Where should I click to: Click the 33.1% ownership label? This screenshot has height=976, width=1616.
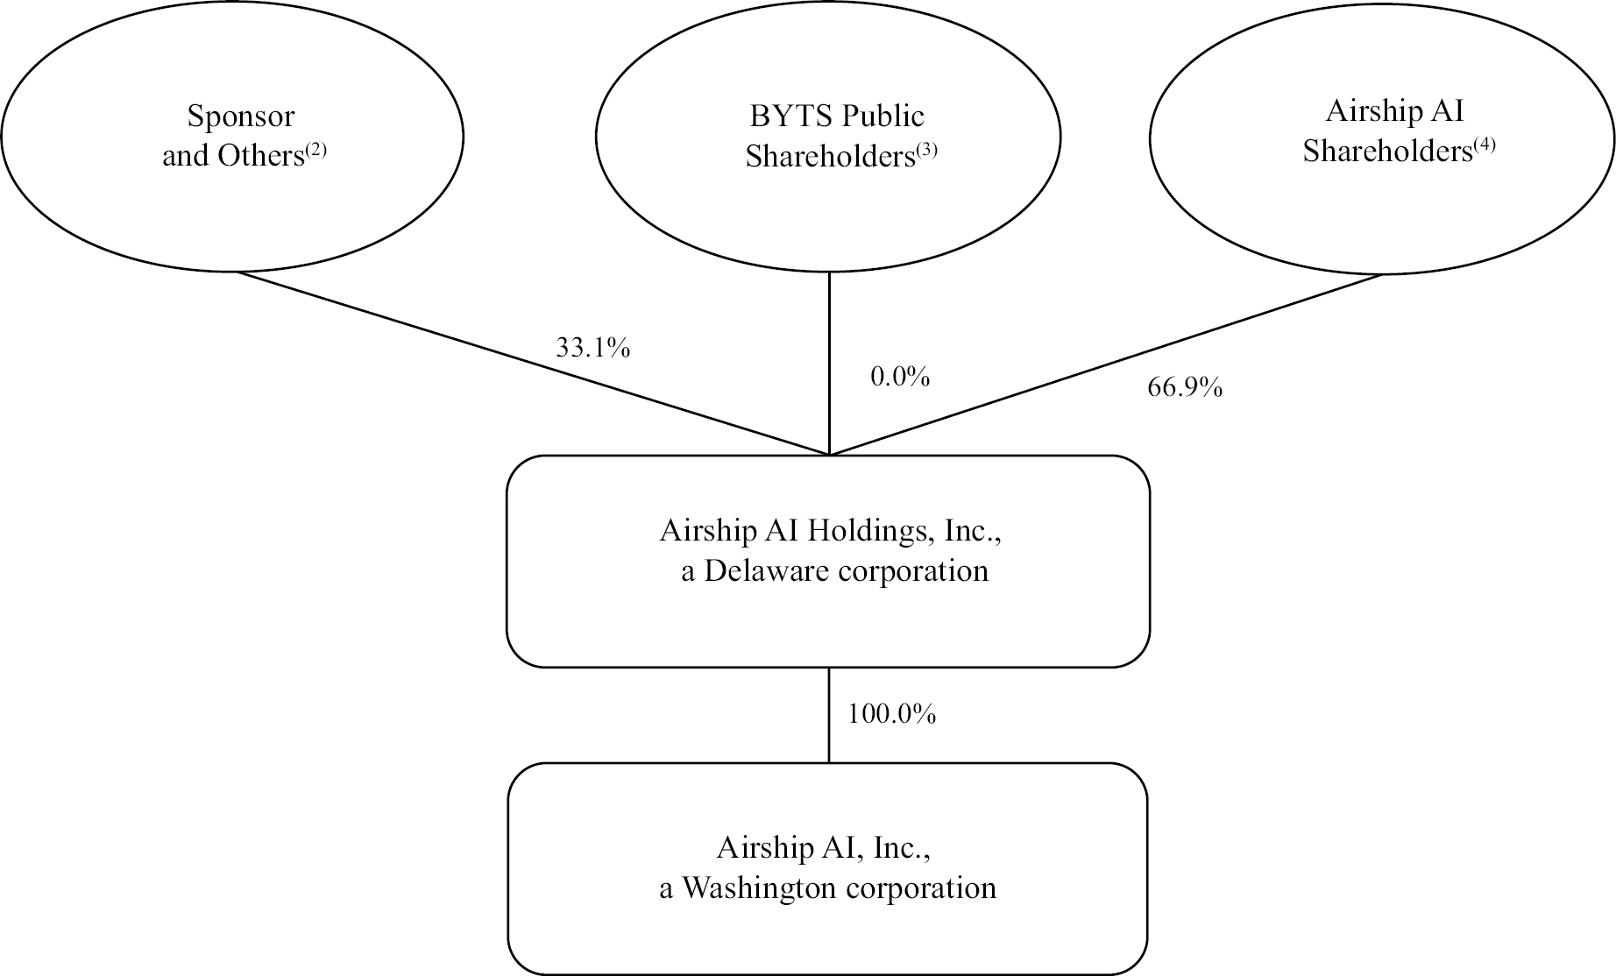click(x=592, y=349)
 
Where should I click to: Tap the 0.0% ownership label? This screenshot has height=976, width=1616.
click(x=899, y=377)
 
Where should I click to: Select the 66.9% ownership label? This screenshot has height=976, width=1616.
click(x=1184, y=387)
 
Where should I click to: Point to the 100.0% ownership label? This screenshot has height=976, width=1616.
click(x=891, y=715)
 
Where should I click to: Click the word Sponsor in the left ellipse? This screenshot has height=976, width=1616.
click(x=241, y=117)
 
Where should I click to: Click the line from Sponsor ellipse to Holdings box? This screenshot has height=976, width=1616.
click(x=526, y=360)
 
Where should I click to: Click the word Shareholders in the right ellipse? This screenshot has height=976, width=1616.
click(x=1386, y=152)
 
